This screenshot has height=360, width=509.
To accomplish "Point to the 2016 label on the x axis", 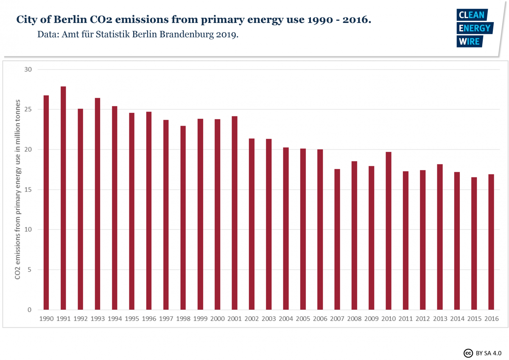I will click(491, 318).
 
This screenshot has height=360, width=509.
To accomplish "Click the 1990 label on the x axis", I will click(46, 318).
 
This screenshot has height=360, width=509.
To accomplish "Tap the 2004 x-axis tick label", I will click(285, 318).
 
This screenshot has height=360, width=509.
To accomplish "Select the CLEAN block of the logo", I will click(471, 15).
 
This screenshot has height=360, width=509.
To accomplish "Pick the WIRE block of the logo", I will click(468, 41).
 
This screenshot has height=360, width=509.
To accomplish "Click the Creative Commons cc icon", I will click(468, 353).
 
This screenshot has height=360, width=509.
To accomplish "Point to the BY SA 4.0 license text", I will click(489, 353).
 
